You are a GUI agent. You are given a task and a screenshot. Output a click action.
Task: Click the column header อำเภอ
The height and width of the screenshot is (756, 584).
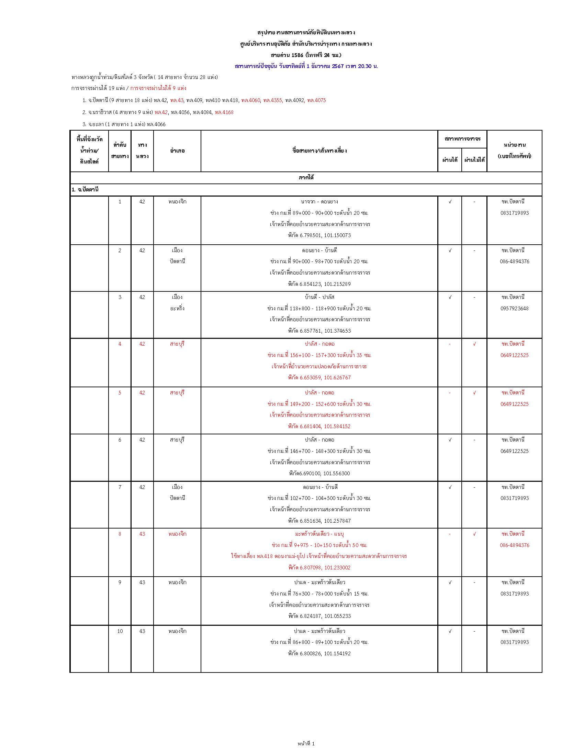177,151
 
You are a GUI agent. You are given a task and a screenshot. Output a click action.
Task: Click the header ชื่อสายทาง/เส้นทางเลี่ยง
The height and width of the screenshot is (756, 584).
319,151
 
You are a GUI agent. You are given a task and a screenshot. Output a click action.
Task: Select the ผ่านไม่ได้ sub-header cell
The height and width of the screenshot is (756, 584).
474,160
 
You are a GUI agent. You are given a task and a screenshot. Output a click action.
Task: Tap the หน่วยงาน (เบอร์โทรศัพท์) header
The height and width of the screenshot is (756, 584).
514,151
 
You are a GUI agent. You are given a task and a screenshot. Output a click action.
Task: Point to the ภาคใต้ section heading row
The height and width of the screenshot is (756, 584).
306,178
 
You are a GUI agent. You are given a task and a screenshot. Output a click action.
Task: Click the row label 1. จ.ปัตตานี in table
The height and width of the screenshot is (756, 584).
85,190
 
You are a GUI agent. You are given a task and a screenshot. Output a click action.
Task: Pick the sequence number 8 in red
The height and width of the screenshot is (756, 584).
120,534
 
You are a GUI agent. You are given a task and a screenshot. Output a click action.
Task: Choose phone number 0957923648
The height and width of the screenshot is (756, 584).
514,309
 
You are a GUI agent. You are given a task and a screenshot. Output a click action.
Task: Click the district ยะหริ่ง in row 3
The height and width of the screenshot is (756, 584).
177,309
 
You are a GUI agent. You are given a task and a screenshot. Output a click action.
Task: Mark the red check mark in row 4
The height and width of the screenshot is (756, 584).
474,344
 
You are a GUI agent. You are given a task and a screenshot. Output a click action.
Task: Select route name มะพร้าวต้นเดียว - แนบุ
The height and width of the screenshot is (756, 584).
319,534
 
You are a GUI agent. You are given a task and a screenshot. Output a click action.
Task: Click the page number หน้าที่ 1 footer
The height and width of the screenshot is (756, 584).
306,743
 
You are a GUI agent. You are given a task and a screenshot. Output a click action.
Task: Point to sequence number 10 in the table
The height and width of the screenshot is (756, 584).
120,631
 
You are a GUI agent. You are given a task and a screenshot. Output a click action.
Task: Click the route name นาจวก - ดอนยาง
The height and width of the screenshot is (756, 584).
319,201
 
